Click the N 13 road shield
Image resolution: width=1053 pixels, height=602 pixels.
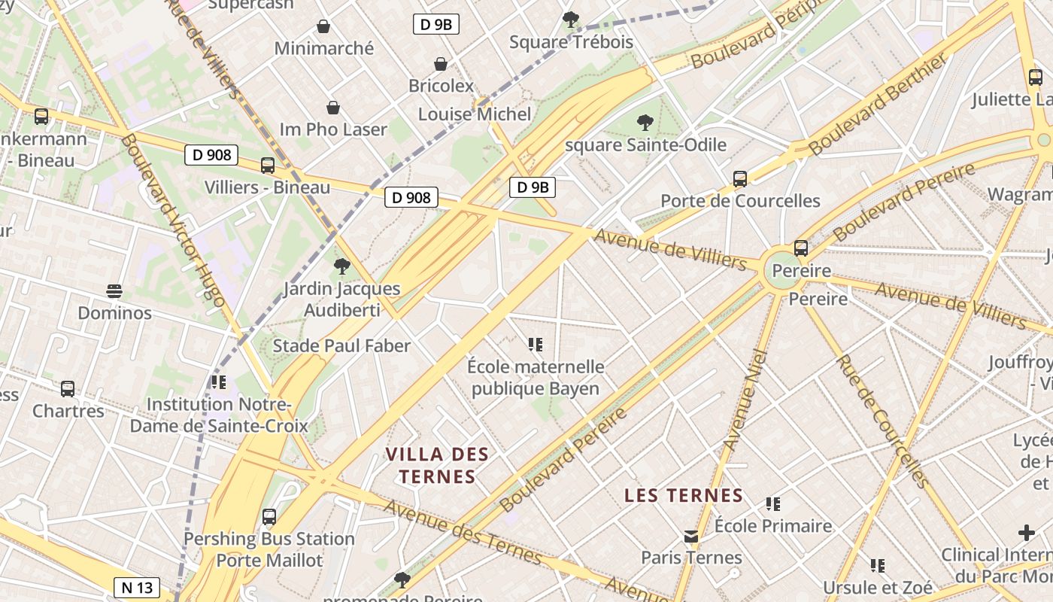tap(138, 587)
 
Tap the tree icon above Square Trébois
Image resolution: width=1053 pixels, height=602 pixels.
tap(571, 19)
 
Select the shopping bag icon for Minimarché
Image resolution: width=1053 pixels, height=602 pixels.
tap(323, 26)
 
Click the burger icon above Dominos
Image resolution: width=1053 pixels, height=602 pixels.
tap(114, 291)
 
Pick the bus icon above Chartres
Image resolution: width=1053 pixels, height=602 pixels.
tap(68, 389)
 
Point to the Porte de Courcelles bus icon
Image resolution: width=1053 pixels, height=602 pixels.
tap(740, 179)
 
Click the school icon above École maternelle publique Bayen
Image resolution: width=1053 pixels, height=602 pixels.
tap(536, 345)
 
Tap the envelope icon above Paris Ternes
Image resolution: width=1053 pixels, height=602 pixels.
tap(691, 537)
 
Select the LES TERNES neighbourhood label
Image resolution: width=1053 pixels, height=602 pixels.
tap(684, 495)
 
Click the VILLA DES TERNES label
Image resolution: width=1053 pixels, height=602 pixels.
tap(437, 465)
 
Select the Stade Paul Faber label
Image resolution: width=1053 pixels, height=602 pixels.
tap(341, 346)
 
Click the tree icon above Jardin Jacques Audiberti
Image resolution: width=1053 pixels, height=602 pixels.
tap(342, 266)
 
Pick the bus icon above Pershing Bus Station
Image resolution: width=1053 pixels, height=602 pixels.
tap(269, 517)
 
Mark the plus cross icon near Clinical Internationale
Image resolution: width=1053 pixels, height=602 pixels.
tap(1026, 534)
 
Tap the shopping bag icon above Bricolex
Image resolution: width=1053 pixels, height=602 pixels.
tap(441, 65)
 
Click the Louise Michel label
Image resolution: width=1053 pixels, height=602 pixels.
tap(475, 114)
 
